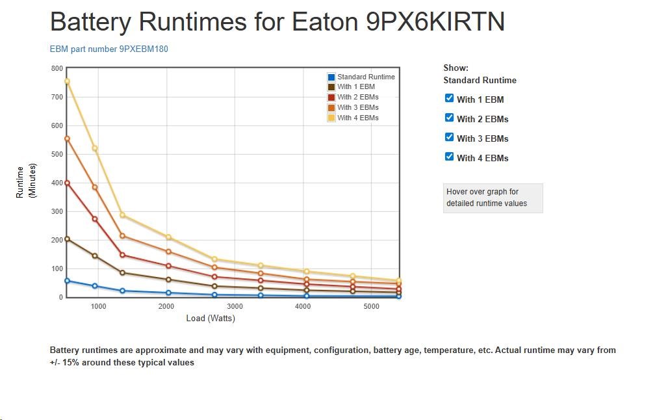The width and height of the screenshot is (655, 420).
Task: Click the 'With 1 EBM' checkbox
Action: [x=449, y=98]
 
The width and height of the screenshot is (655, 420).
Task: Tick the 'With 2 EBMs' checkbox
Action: [x=449, y=118]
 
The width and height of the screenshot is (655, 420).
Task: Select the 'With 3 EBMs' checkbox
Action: [x=449, y=137]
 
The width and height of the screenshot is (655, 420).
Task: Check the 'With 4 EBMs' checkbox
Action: [x=449, y=157]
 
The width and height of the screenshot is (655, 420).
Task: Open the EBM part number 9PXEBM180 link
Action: [x=109, y=49]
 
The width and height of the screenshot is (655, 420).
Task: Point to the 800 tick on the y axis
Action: [x=57, y=68]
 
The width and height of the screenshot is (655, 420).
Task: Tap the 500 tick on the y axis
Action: [x=57, y=154]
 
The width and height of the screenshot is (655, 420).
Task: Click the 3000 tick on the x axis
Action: [x=235, y=306]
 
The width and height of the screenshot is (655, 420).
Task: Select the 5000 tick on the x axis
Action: [x=371, y=306]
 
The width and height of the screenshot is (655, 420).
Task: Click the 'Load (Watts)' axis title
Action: [x=211, y=319]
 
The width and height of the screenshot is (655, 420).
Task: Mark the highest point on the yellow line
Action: [x=67, y=81]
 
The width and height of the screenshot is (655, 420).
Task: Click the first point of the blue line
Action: [x=67, y=281]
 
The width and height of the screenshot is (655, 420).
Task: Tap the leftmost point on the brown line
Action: [x=67, y=239]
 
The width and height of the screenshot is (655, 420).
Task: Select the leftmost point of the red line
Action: [x=67, y=183]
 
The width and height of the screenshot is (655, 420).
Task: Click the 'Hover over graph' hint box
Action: [x=493, y=198]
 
